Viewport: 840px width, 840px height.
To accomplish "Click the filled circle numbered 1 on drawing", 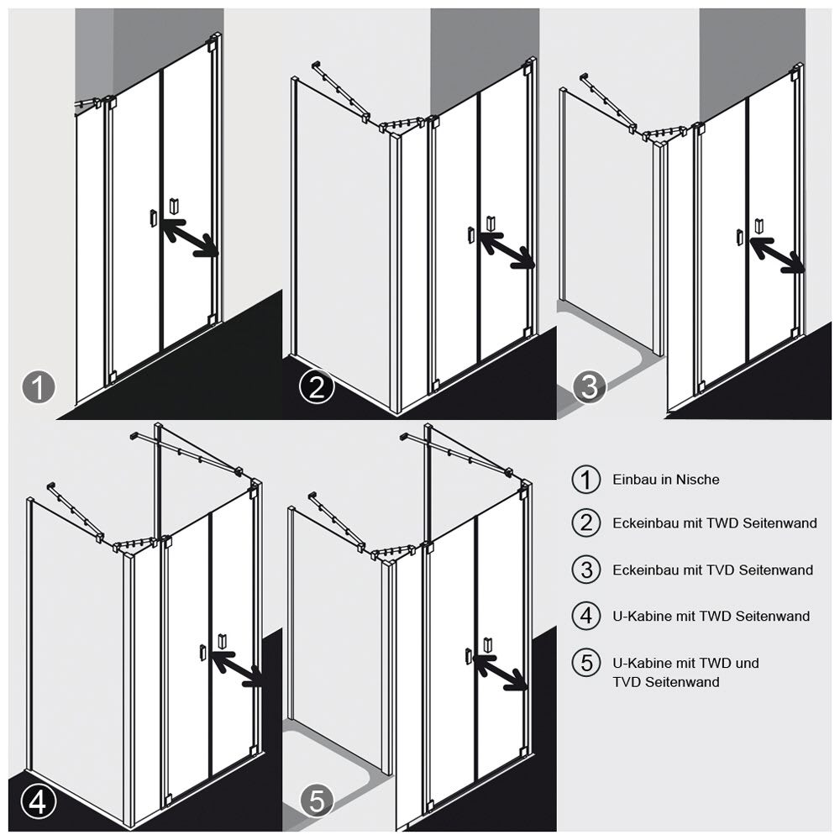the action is [x=39, y=387].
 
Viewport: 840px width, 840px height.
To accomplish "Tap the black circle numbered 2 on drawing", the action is [x=318, y=387].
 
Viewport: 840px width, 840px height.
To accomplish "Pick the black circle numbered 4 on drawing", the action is [x=39, y=801].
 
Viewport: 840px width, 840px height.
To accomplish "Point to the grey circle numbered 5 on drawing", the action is [x=318, y=801].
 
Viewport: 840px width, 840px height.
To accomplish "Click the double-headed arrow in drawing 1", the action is [x=189, y=237].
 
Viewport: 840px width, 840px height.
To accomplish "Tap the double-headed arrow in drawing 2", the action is [x=507, y=249].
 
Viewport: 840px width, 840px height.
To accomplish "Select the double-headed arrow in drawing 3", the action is [x=777, y=255].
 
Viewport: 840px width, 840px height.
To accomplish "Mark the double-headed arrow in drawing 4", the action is [x=238, y=669].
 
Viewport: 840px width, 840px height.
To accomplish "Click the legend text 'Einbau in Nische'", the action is [x=666, y=480].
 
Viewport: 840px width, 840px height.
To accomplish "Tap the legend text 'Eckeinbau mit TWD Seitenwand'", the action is [x=715, y=522].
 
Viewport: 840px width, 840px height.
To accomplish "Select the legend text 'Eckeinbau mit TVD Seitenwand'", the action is [x=713, y=570].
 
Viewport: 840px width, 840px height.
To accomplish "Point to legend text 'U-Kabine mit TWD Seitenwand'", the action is [x=711, y=616].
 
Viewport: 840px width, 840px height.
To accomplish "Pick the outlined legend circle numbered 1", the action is [x=586, y=480].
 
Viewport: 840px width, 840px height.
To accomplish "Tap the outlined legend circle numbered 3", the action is [x=586, y=570].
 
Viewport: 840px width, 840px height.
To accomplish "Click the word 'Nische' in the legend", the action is [x=697, y=480].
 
